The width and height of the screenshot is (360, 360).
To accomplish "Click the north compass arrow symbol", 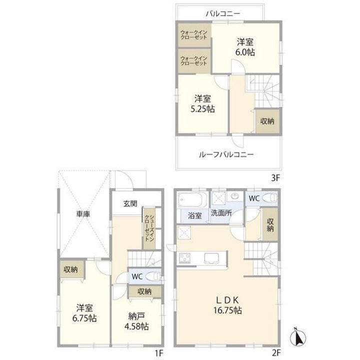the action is coord(298,337).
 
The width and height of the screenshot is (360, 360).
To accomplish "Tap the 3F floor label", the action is coord(275,177).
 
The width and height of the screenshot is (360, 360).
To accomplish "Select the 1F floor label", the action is coord(158,352).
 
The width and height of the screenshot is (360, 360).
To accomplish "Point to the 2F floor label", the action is coord(275,352).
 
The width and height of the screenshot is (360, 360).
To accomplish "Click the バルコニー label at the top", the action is coord(222,14).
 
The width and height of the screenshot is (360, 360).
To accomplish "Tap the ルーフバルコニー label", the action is coord(226,154).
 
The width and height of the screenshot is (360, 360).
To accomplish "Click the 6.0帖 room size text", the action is coord(245,52).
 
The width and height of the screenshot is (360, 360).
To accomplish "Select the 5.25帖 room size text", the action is coord(202,108).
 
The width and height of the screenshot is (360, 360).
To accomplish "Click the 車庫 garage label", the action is coord(83,214).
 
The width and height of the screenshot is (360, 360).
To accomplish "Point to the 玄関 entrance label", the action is coord(130,203).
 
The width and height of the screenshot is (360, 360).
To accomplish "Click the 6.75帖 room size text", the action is coord(84,318).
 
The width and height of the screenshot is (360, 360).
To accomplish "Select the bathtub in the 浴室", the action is coord(192,200).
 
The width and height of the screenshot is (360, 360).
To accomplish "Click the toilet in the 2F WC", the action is coord(270,197).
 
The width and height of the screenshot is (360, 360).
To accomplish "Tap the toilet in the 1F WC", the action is coord(153,275).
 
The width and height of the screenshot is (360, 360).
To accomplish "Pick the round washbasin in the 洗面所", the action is coord(235,196).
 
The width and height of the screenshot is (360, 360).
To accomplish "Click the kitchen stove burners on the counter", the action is coord(185,258).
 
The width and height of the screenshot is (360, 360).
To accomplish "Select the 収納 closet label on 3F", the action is coord(267,121).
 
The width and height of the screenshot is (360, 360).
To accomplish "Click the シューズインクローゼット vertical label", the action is coord(149,228).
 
